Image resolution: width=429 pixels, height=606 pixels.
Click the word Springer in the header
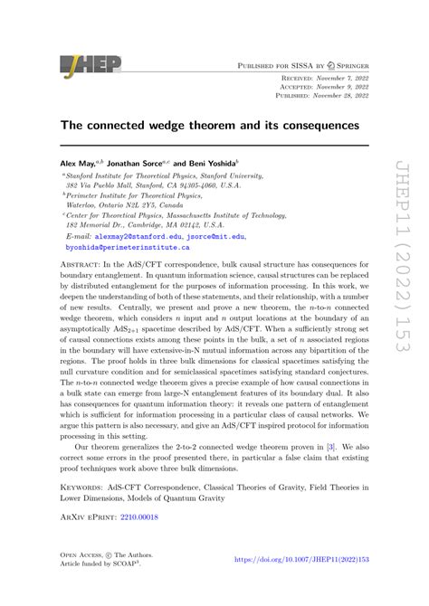[x=347, y=66]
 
